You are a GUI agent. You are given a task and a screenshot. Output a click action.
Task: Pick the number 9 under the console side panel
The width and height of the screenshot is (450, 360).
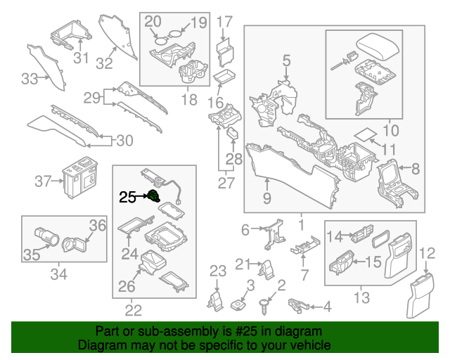[x=267, y=199]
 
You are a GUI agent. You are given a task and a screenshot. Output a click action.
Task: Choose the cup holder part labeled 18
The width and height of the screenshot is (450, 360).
[x=192, y=74]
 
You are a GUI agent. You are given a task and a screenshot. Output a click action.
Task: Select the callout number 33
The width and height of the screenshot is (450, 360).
[x=29, y=79]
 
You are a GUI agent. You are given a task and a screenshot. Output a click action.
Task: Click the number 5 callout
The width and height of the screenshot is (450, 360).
[x=286, y=62]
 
